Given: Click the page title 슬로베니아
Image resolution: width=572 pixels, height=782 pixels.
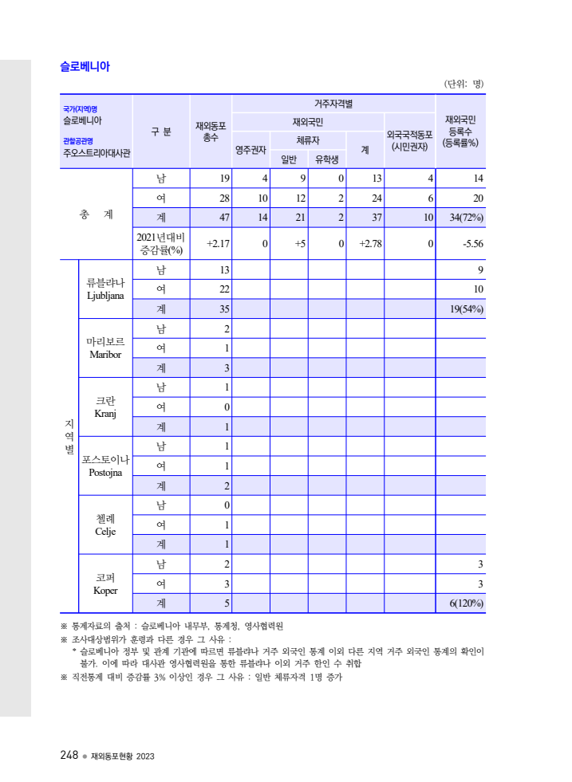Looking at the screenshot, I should pyautogui.click(x=85, y=67).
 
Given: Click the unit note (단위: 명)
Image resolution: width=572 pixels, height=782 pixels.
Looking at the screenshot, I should pyautogui.click(x=464, y=84).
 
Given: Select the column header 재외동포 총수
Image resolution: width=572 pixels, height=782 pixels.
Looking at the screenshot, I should pyautogui.click(x=211, y=132).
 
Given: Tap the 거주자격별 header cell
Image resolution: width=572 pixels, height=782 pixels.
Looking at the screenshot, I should pyautogui.click(x=333, y=104).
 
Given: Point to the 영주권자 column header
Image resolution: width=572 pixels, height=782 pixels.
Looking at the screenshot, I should pyautogui.click(x=250, y=149).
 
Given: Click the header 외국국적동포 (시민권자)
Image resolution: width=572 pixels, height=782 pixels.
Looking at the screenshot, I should pyautogui.click(x=409, y=140).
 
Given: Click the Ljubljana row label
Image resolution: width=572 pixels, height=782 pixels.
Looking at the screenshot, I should pyautogui.click(x=105, y=289).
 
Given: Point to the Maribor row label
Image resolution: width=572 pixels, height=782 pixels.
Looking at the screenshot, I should pyautogui.click(x=105, y=348).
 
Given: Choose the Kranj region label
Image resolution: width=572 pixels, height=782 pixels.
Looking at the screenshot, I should pyautogui.click(x=105, y=407).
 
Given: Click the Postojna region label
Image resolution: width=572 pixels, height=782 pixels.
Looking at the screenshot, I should pyautogui.click(x=105, y=466).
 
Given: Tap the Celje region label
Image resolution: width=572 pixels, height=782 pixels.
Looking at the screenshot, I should pyautogui.click(x=105, y=525).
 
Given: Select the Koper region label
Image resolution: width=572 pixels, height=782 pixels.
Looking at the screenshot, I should pyautogui.click(x=105, y=584).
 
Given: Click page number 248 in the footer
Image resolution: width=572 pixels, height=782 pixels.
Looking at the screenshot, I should pyautogui.click(x=69, y=755).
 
